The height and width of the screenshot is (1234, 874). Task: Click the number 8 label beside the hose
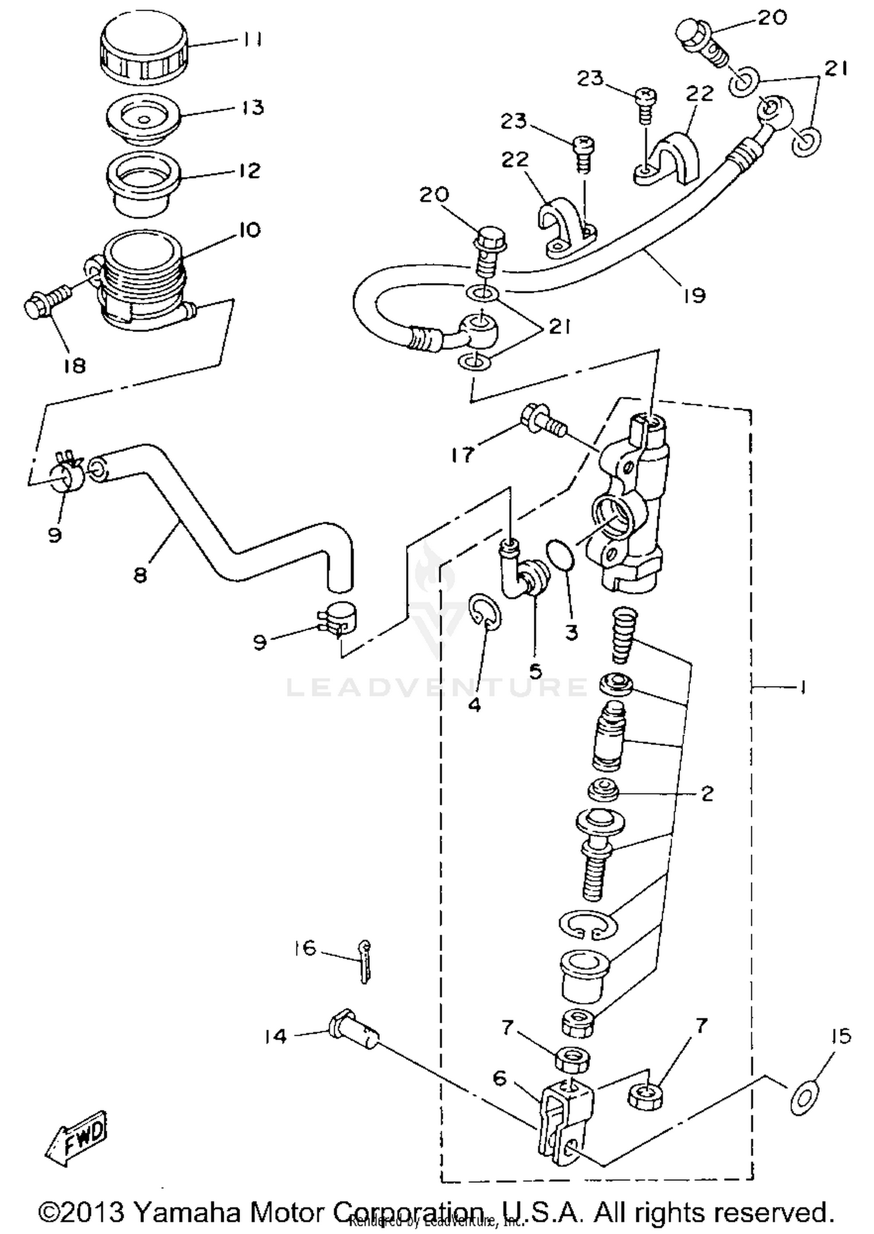click(x=140, y=576)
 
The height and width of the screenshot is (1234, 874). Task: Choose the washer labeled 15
click(x=805, y=1098)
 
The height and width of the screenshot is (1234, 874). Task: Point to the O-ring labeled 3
click(x=561, y=554)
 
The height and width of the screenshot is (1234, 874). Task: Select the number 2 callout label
click(x=707, y=794)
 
